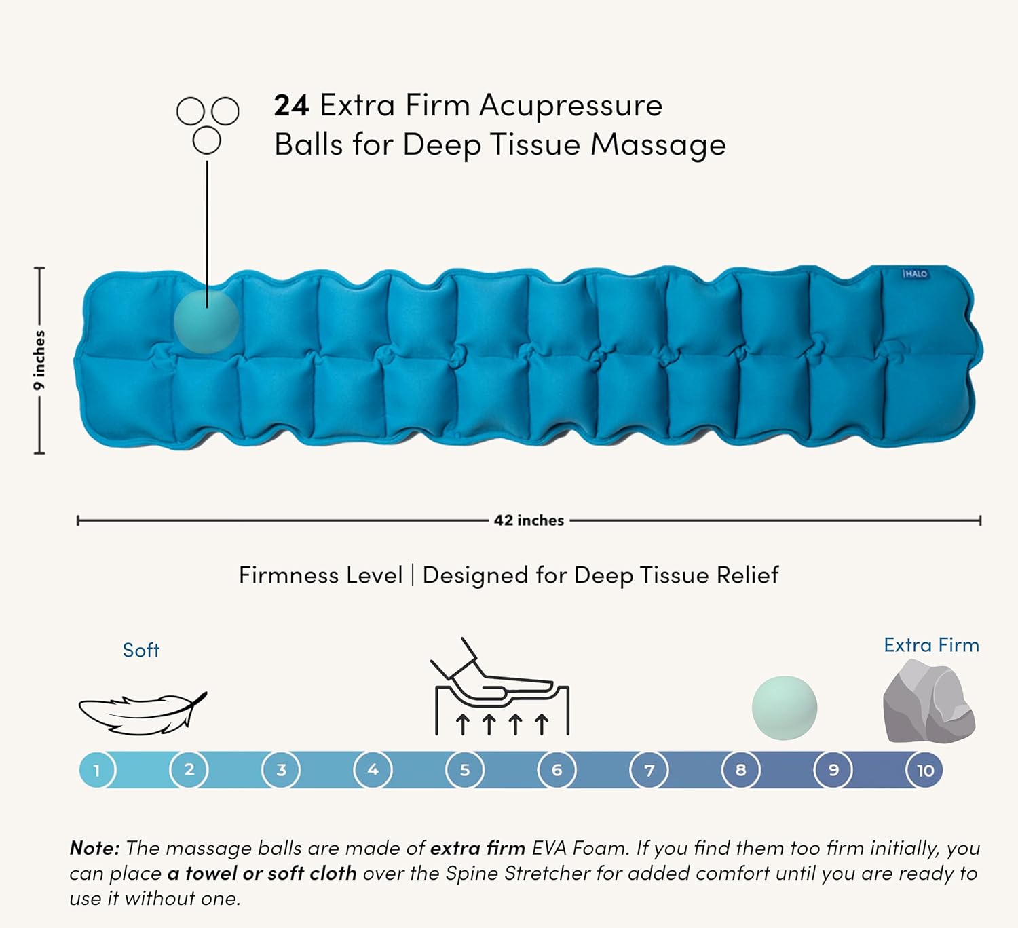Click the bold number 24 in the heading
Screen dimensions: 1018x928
[291, 106]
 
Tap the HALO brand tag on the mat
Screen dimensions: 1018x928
[916, 274]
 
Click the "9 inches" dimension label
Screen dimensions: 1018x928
[39, 360]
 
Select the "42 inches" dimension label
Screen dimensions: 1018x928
[529, 520]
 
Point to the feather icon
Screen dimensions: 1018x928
[143, 712]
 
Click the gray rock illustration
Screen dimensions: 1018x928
[928, 701]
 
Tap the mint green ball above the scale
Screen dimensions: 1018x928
[784, 708]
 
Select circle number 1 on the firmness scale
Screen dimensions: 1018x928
[97, 770]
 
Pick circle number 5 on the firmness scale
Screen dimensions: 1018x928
[465, 770]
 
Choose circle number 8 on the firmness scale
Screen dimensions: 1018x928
[741, 770]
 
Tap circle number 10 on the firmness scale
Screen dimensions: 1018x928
[924, 770]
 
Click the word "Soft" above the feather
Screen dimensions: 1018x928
[141, 650]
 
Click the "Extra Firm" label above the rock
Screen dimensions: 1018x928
[931, 645]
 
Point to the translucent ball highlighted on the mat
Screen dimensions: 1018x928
[206, 322]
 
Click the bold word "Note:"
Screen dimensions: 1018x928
[95, 848]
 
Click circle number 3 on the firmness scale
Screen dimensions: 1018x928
[281, 770]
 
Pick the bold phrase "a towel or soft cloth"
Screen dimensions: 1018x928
[262, 873]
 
